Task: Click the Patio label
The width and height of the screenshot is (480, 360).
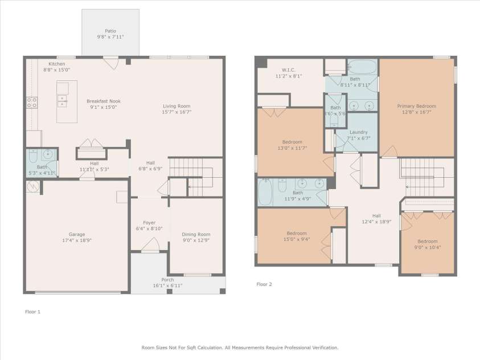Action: click(x=110, y=31)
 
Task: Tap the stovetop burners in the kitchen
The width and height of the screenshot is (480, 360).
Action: click(x=32, y=103)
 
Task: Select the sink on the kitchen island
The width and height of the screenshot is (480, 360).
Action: click(x=62, y=101)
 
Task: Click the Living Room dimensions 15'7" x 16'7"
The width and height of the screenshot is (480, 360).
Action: click(x=177, y=112)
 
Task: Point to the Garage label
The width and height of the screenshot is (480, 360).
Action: click(x=76, y=235)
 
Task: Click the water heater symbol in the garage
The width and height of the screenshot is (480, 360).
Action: click(x=33, y=186)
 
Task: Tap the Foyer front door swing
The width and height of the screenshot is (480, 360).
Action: click(x=150, y=245)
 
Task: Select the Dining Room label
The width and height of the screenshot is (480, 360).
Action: click(x=196, y=235)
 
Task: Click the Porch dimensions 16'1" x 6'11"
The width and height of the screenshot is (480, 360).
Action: click(x=167, y=285)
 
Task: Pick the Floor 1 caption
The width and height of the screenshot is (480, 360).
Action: click(x=33, y=312)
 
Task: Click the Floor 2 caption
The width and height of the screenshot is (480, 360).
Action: click(x=264, y=284)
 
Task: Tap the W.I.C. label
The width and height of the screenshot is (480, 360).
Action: click(x=289, y=70)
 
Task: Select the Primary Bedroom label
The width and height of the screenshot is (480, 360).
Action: click(x=417, y=106)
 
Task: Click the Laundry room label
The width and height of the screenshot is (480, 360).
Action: click(x=359, y=132)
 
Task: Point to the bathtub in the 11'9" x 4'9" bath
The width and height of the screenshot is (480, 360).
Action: click(x=265, y=192)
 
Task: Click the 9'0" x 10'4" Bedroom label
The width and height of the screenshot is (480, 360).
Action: click(x=428, y=241)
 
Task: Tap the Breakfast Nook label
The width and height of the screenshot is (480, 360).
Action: click(x=104, y=101)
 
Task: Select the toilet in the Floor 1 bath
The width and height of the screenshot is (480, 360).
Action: click(x=33, y=156)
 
